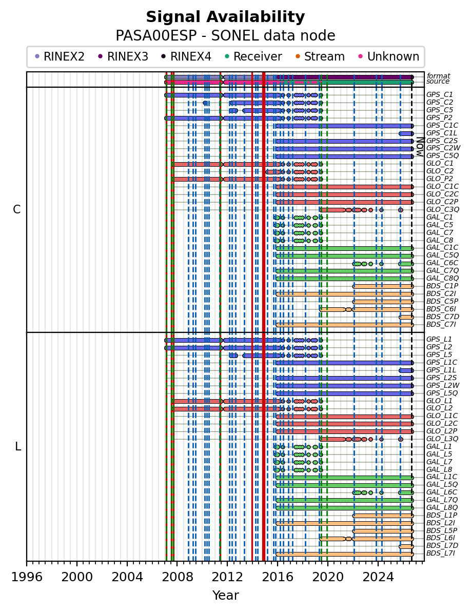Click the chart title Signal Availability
click(x=225, y=17)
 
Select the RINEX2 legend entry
click(x=60, y=56)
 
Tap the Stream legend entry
click(x=320, y=56)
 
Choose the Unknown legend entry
click(x=389, y=56)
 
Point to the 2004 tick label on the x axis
click(x=127, y=577)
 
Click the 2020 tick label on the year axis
click(x=327, y=577)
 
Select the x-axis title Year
click(x=226, y=595)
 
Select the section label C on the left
click(x=16, y=210)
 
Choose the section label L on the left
click(x=17, y=446)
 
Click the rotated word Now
click(x=420, y=146)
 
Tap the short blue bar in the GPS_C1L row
click(x=406, y=133)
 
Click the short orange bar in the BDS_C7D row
click(x=406, y=317)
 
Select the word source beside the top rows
click(x=438, y=82)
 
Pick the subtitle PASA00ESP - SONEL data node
click(x=225, y=35)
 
